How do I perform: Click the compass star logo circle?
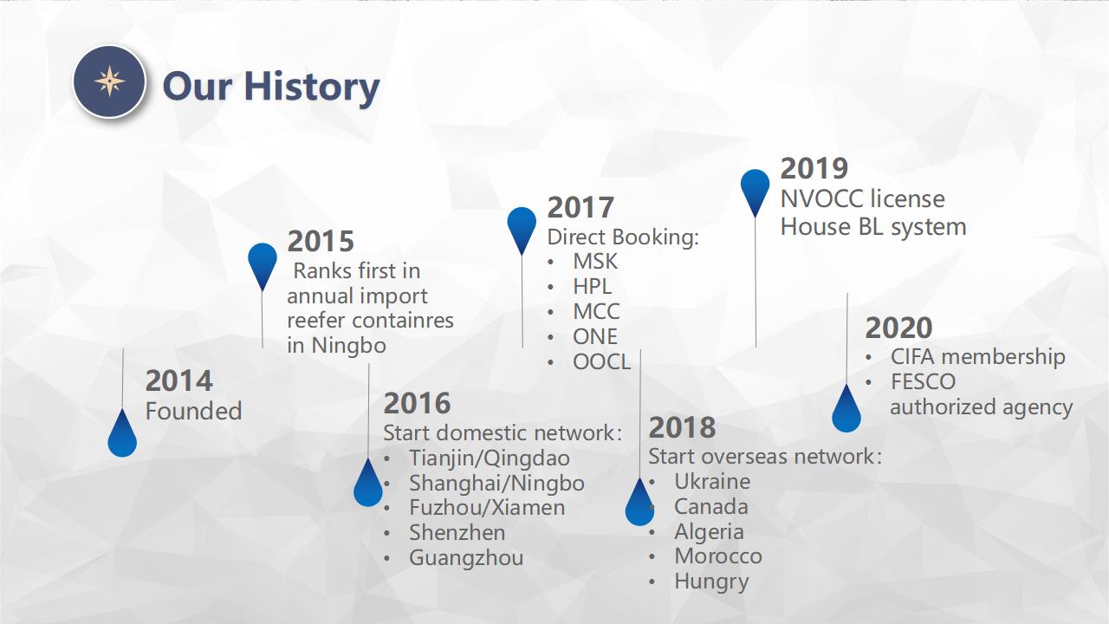pyautogui.click(x=109, y=81)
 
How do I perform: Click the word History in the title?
pyautogui.click(x=312, y=88)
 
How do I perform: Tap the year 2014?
pyautogui.click(x=178, y=380)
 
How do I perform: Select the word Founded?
pyautogui.click(x=193, y=411)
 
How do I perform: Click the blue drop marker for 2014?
pyautogui.click(x=122, y=432)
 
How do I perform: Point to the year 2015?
pyautogui.click(x=321, y=241)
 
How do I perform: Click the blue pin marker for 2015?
pyautogui.click(x=263, y=266)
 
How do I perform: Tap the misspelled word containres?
pyautogui.click(x=403, y=321)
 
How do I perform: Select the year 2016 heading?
pyautogui.click(x=417, y=403)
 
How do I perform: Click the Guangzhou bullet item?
pyautogui.click(x=466, y=558)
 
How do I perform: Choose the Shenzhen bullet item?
pyautogui.click(x=457, y=533)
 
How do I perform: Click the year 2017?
pyautogui.click(x=580, y=207)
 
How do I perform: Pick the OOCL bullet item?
pyautogui.click(x=601, y=362)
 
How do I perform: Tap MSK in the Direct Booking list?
pyautogui.click(x=595, y=262)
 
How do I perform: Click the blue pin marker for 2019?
pyautogui.click(x=755, y=193)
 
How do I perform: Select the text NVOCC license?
pyautogui.click(x=862, y=199)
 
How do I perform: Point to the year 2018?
pyautogui.click(x=682, y=427)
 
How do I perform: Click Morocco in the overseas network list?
pyautogui.click(x=718, y=556)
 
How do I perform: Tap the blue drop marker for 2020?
pyautogui.click(x=846, y=408)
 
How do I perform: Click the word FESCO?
pyautogui.click(x=923, y=382)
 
